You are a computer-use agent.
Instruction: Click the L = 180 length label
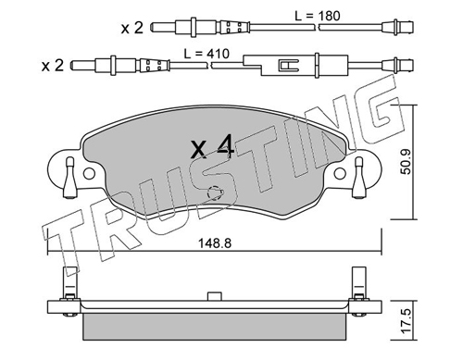[x=318, y=16]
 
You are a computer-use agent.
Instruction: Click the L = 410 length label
[x=206, y=54]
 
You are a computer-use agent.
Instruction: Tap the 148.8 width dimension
[x=215, y=243]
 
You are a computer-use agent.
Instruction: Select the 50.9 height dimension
[x=407, y=162]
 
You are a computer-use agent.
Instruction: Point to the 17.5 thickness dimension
[x=407, y=321]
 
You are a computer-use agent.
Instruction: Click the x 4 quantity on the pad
[x=213, y=147]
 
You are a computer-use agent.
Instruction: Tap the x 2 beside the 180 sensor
[x=132, y=29]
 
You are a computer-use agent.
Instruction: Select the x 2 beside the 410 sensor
[x=53, y=66]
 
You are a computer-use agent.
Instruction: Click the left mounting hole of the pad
[x=89, y=174]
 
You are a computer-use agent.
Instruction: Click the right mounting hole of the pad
[x=340, y=174]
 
